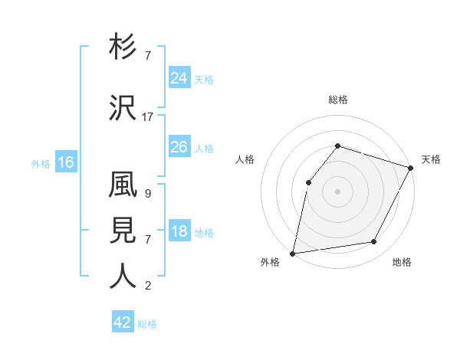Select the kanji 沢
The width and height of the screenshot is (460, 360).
coord(123,108)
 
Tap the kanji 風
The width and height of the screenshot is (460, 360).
coord(123,186)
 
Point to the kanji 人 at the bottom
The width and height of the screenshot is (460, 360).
coord(123,277)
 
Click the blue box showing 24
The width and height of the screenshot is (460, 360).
coord(179,78)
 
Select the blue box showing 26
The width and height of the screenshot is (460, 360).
coord(179,147)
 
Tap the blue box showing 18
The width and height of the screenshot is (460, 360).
coord(179,232)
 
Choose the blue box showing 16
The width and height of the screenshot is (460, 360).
coord(66,162)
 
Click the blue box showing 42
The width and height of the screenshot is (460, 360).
coord(123,322)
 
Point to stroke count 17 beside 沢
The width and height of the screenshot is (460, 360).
coord(148,117)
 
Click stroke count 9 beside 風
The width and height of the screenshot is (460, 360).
coord(147,194)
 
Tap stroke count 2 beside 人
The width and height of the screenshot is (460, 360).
coord(147,286)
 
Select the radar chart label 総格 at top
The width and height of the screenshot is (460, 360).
coord(337,100)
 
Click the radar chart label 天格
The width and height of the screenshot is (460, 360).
coord(431,159)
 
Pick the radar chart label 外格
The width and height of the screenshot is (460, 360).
coord(270,262)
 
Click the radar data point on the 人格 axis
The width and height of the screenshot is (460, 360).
coord(308,182)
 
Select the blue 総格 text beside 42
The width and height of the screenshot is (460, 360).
coord(148,324)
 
